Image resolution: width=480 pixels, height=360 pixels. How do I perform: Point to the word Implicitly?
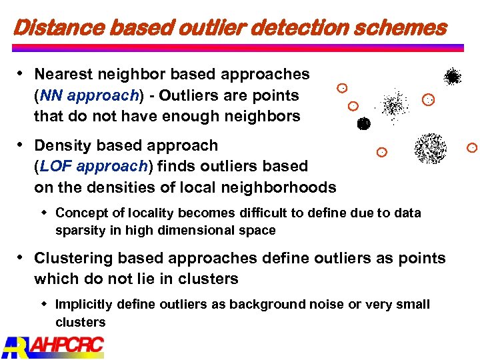tap(84, 305)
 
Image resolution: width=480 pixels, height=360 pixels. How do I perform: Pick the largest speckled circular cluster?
tap(430, 148)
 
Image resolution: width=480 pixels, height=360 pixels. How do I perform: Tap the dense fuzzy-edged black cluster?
tap(453, 77)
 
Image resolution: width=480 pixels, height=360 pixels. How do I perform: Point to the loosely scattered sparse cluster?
tap(395, 105)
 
